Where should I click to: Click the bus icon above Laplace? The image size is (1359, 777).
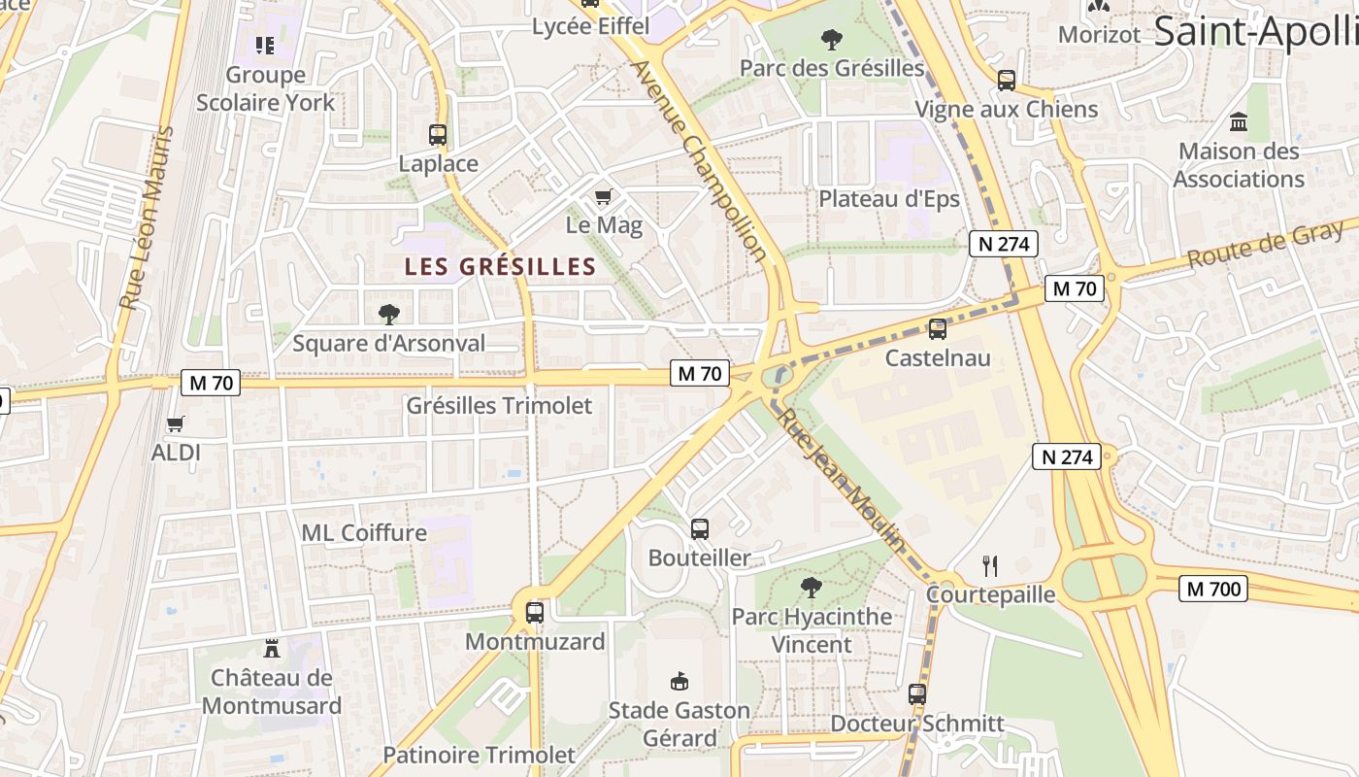(x=438, y=135)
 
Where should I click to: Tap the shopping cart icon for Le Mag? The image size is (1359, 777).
(x=603, y=197)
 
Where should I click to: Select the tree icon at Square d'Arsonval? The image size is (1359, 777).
(x=389, y=314)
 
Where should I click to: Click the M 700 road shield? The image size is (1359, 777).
(x=1213, y=589)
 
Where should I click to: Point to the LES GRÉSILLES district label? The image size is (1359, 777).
(x=500, y=266)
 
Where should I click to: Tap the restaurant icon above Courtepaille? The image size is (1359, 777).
(x=990, y=565)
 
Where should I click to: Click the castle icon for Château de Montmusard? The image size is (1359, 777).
(x=272, y=649)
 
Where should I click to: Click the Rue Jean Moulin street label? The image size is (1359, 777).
(x=842, y=480)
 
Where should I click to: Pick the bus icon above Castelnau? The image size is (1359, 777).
(x=937, y=329)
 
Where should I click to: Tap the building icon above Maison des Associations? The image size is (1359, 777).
(x=1239, y=122)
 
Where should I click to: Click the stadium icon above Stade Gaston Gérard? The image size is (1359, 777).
(x=679, y=681)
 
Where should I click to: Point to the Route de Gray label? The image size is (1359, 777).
(x=1266, y=245)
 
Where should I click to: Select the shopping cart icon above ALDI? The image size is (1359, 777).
(x=176, y=423)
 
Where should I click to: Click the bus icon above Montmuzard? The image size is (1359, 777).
(x=535, y=613)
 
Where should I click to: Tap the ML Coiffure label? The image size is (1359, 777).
(x=364, y=532)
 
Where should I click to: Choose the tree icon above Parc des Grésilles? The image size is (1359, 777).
(x=832, y=40)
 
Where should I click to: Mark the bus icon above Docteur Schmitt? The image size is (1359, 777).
(x=917, y=694)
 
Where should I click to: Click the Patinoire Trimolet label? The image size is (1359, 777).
(x=479, y=755)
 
